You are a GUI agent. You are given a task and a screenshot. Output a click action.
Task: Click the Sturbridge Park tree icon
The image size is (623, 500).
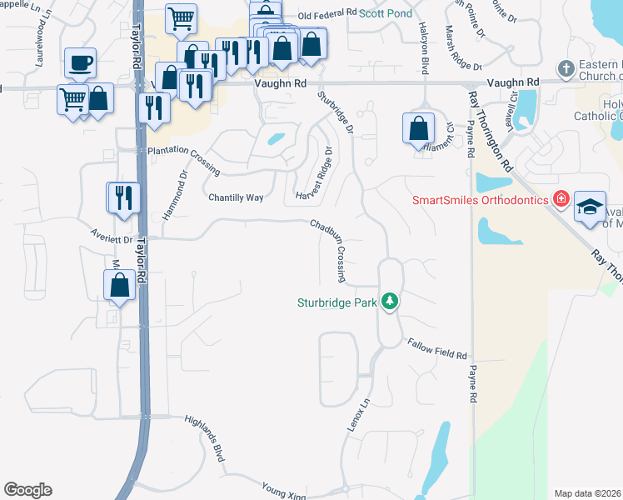390,301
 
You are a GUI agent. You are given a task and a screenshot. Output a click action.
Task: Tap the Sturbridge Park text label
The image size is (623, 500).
337,302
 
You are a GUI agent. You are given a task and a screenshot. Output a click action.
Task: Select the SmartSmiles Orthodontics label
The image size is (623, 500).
480,200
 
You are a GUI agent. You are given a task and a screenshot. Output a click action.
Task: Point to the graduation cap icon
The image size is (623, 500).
589,206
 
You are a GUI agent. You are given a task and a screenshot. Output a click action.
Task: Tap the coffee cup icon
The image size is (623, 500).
80,62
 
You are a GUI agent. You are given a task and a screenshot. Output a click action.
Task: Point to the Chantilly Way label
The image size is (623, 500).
235,197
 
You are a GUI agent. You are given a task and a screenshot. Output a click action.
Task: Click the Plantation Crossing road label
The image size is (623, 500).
183,159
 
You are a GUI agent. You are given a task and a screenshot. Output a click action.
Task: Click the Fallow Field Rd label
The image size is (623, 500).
436,348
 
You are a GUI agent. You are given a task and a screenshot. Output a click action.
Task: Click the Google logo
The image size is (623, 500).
27,490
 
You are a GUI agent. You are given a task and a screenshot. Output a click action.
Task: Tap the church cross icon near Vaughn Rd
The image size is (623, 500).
566,67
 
